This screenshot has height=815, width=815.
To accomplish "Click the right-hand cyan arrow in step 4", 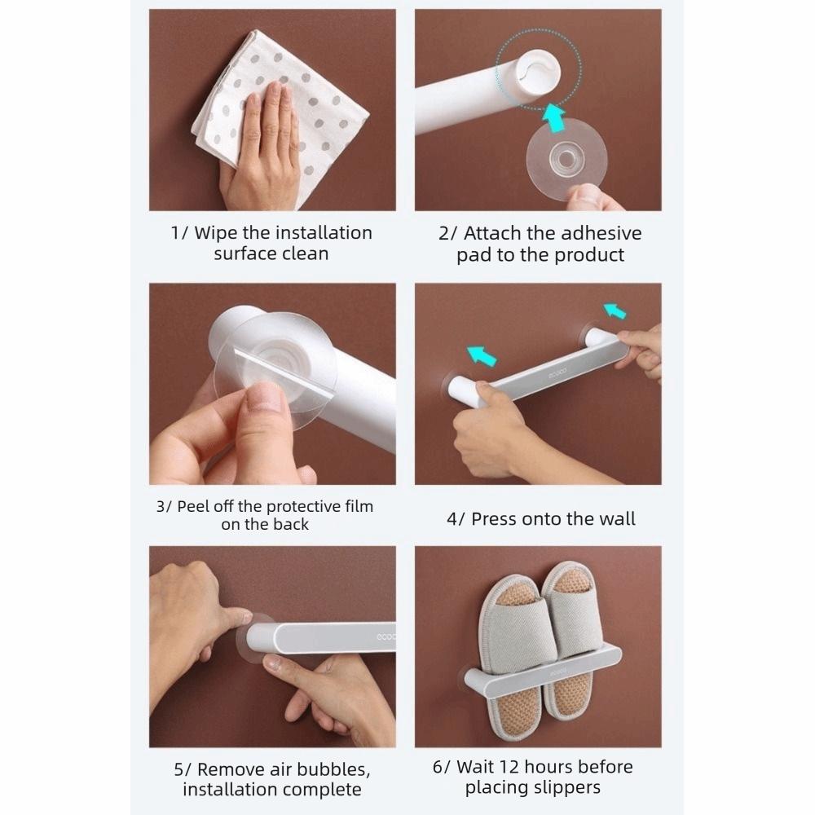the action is click(x=615, y=311).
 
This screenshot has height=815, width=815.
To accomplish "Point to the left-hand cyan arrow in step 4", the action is click(x=482, y=356).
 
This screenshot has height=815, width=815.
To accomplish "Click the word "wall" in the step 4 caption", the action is click(x=617, y=518).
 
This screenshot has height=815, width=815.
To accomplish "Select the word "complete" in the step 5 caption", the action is click(x=322, y=790).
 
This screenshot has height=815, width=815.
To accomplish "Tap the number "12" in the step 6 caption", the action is click(x=509, y=767).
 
